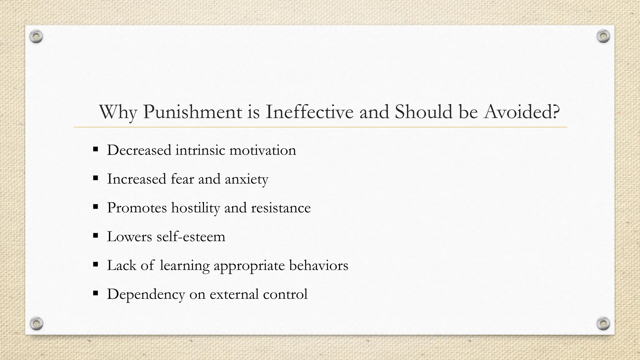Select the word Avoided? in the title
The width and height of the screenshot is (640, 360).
(522, 112)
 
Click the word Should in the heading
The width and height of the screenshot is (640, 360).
(423, 112)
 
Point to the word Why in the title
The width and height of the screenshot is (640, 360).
(118, 112)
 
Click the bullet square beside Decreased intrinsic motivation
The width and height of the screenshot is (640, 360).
(96, 149)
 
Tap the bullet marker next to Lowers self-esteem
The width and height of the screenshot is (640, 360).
(96, 235)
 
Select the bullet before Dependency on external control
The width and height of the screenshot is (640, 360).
(96, 293)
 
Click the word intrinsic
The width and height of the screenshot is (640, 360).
(200, 150)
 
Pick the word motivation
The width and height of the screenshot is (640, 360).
(262, 150)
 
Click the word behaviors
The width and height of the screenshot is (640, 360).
(318, 266)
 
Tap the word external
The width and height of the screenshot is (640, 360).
(234, 294)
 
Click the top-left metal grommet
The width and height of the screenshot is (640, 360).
(36, 37)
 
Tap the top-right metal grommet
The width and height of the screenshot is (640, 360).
(603, 37)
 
